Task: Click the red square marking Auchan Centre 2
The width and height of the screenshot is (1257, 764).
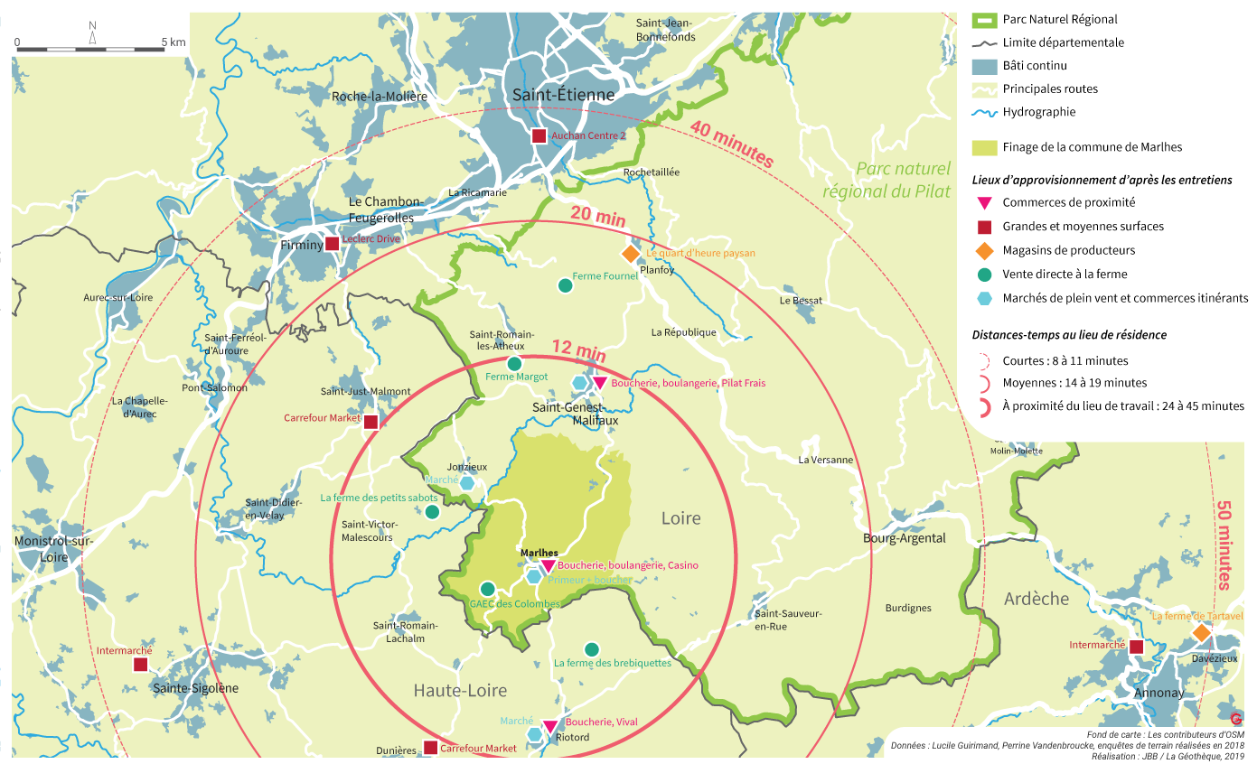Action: (x=539, y=135)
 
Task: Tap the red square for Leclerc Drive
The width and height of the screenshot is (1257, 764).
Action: (x=333, y=243)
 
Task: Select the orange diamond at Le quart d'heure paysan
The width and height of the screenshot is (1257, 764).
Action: (x=631, y=254)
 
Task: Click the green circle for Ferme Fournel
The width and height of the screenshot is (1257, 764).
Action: (x=565, y=285)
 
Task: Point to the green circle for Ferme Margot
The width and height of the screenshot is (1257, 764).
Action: (x=514, y=363)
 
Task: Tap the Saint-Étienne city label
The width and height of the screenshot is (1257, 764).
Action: (x=563, y=95)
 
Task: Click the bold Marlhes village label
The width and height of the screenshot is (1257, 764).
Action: (x=539, y=553)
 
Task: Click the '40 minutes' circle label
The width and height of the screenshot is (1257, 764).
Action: (x=732, y=144)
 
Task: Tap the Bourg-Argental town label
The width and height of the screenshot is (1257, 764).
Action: (x=904, y=538)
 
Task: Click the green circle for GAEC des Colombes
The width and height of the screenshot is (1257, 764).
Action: (x=487, y=589)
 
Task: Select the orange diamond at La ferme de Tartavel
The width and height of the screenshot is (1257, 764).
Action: (x=1201, y=633)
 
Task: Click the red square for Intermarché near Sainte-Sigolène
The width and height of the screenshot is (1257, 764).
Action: (x=140, y=665)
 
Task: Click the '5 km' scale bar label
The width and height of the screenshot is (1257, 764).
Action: (x=174, y=42)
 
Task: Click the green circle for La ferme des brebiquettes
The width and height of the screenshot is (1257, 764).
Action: (x=592, y=648)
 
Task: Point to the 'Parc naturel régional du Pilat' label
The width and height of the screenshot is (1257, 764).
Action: (x=903, y=180)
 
